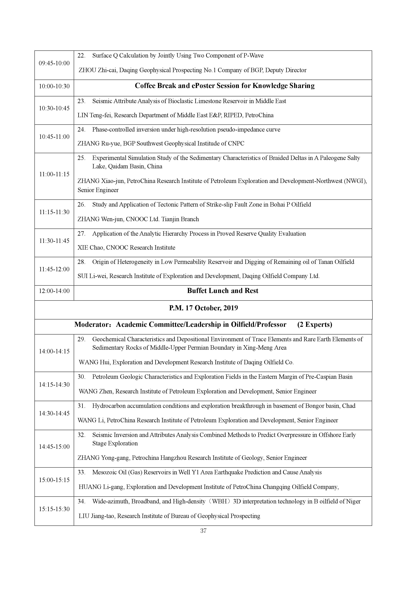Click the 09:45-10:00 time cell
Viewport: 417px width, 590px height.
[x=54, y=63]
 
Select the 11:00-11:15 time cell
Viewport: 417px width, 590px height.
[x=54, y=174]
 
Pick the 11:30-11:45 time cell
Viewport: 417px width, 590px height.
[x=54, y=241]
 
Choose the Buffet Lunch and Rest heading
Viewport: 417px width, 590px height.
[x=223, y=291]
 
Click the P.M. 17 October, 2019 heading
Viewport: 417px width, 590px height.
[x=203, y=308]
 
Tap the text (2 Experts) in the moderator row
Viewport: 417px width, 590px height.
[x=314, y=325]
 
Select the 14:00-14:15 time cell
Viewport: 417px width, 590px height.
[x=54, y=352]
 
